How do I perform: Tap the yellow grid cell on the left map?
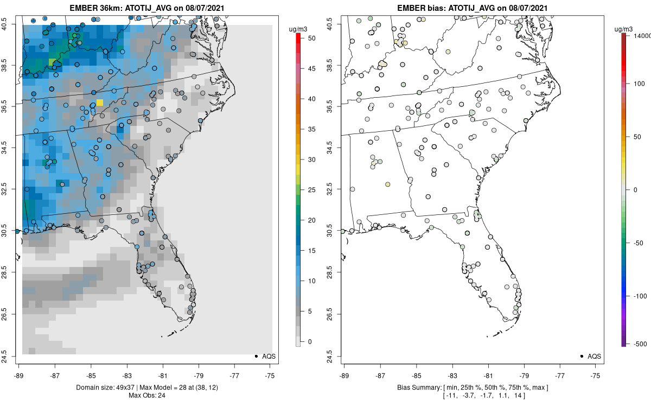pyautogui.click(x=100, y=102)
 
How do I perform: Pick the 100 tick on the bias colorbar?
pyautogui.click(x=630, y=84)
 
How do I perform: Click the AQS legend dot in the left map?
pyautogui.click(x=256, y=356)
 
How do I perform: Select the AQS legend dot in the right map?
pyautogui.click(x=581, y=356)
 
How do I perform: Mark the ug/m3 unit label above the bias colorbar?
pyautogui.click(x=625, y=28)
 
